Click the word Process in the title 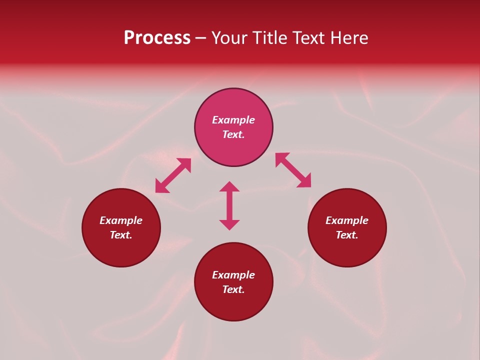tap(157, 38)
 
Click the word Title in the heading tap(269, 38)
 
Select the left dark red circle tap(121, 250)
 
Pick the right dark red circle tap(347, 250)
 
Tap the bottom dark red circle tap(233, 305)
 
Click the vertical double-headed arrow tap(229, 205)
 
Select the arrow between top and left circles tap(173, 175)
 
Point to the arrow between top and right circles tap(293, 170)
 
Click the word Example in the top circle tap(233, 120)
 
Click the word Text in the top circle tap(233, 134)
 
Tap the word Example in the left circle tap(121, 220)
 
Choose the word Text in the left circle tap(120, 235)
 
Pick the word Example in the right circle tap(347, 220)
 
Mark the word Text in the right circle tap(346, 235)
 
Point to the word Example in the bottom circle tap(233, 275)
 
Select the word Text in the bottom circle tap(233, 289)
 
